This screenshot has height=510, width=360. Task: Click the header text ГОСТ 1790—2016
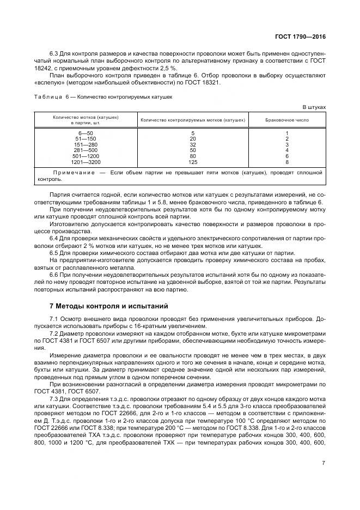pos(301,37)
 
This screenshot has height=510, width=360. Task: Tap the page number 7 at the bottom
pos(324,463)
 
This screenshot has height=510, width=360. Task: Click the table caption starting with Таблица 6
pos(103,96)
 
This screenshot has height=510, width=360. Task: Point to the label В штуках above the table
pos(314,107)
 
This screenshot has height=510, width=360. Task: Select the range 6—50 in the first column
pos(86,133)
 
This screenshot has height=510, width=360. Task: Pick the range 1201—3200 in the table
pos(86,162)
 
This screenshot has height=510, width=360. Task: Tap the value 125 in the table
pos(193,162)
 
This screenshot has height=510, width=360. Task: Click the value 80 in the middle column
pos(193,156)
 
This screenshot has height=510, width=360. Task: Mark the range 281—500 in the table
pos(86,150)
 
